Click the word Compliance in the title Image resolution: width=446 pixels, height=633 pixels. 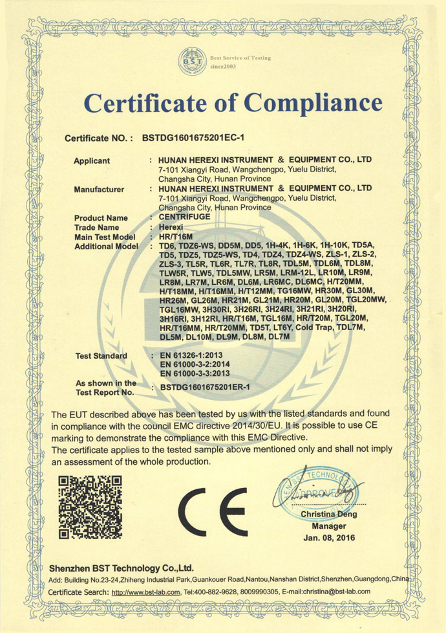312,104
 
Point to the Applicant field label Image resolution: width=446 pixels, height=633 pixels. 92,161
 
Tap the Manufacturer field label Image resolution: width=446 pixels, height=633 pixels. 99,189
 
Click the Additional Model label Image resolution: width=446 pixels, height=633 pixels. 107,247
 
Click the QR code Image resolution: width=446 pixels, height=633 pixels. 90,507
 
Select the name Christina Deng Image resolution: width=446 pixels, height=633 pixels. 328,514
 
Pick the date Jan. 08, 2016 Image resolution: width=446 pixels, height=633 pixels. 328,538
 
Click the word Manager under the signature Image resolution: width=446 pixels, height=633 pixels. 328,526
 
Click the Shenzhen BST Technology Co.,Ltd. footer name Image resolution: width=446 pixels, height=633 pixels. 122,567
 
